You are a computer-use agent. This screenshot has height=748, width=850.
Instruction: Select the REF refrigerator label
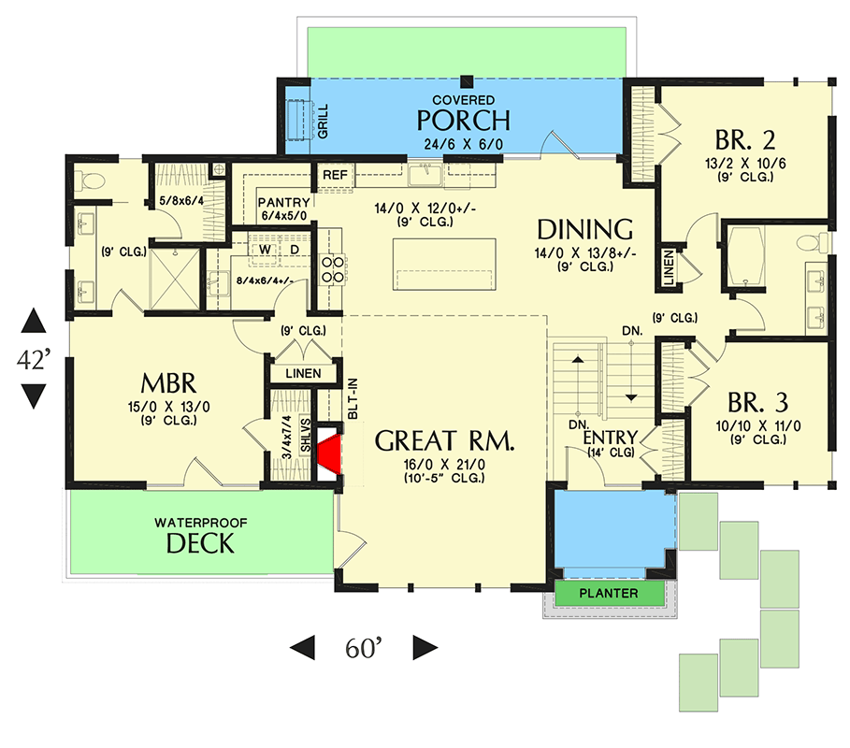(334, 175)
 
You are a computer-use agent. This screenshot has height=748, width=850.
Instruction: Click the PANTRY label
(281, 201)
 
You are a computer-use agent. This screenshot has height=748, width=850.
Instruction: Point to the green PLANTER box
(608, 594)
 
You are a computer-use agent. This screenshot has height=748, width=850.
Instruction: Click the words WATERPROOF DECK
(200, 536)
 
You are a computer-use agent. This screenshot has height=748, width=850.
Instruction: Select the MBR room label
(167, 383)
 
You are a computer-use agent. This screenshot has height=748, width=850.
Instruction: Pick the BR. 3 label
(757, 403)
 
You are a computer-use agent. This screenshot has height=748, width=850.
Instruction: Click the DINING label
(586, 229)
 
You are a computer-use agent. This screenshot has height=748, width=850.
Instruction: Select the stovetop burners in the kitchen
(331, 270)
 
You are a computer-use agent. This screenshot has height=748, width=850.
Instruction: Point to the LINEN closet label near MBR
(297, 374)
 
